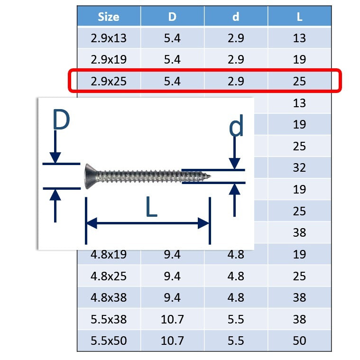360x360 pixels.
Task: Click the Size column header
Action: click(x=109, y=17)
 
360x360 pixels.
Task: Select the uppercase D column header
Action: click(x=172, y=17)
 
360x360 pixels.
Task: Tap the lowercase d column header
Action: click(x=236, y=17)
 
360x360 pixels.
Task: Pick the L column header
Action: click(x=299, y=17)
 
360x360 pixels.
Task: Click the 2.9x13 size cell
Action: click(x=109, y=38)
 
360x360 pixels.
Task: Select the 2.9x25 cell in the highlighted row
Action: click(x=109, y=81)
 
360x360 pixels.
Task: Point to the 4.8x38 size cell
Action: click(x=109, y=298)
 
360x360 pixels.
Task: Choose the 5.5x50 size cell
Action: click(x=109, y=341)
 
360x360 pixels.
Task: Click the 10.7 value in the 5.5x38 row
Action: click(x=172, y=319)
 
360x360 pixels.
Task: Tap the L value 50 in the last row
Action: click(x=299, y=341)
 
